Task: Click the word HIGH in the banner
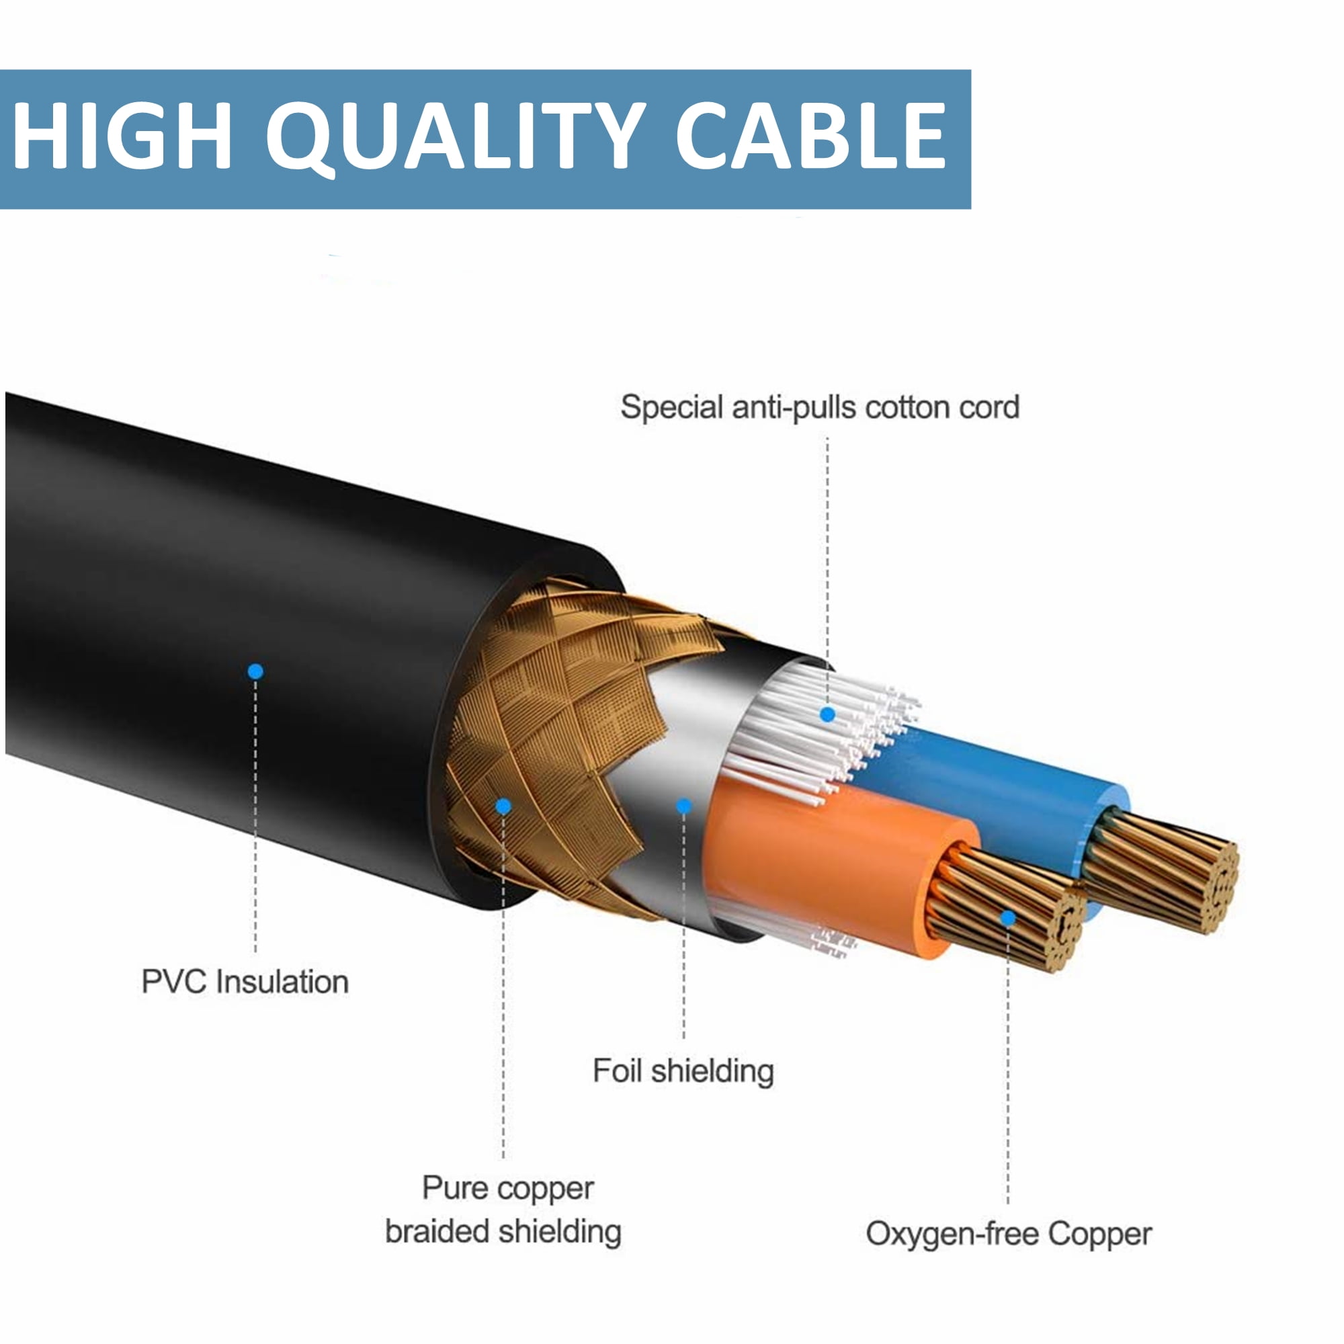(122, 135)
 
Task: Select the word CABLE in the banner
(811, 135)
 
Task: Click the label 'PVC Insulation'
(245, 982)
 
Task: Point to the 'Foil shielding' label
(683, 1070)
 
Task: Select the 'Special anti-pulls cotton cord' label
(820, 407)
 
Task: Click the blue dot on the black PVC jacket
(255, 671)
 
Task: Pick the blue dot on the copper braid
(503, 806)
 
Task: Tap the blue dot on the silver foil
(684, 806)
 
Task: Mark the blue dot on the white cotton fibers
(827, 714)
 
